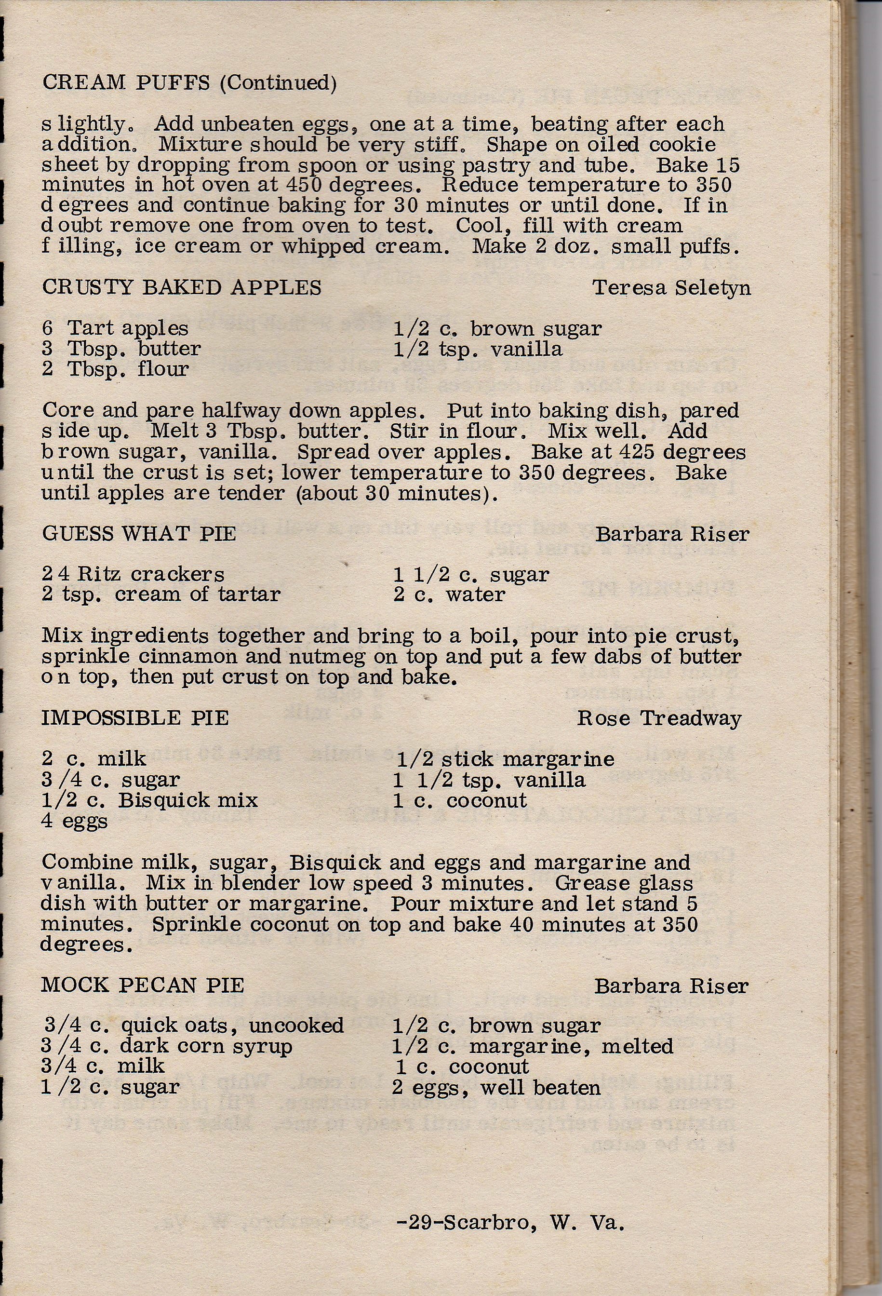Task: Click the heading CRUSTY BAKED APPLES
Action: (x=182, y=288)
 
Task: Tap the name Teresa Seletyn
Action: (x=671, y=288)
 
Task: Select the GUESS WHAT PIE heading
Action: (x=139, y=534)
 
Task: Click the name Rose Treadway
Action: (x=659, y=718)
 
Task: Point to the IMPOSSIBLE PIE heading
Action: (x=135, y=718)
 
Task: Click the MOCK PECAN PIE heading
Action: (x=143, y=985)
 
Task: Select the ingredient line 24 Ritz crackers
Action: (x=133, y=574)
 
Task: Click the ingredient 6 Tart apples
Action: (x=115, y=328)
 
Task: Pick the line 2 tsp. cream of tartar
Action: (x=160, y=594)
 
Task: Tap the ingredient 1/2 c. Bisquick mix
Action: (x=149, y=800)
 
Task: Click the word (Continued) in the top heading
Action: (x=278, y=83)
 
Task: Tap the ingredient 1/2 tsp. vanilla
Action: (x=477, y=349)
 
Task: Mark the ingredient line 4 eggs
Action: (x=74, y=822)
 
